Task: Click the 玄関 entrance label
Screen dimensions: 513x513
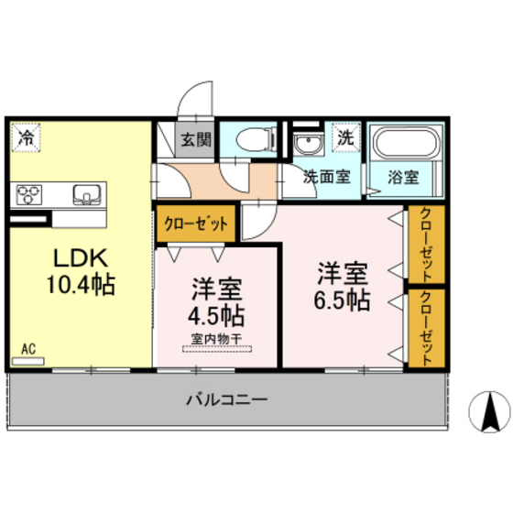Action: pos(194,140)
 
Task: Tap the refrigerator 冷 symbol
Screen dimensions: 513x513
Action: pos(27,138)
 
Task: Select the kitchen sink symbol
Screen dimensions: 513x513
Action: pos(87,193)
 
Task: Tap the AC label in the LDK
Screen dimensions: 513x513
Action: pos(28,349)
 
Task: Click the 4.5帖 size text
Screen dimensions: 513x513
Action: pos(217,317)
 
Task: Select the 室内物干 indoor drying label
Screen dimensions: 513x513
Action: pos(216,340)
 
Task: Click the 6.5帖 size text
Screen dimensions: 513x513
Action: pos(344,299)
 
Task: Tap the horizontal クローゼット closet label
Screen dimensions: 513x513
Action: pos(196,223)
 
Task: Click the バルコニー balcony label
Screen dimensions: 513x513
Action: pos(226,398)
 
